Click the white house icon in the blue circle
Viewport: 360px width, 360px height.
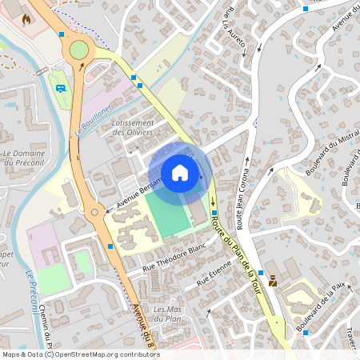(180, 173)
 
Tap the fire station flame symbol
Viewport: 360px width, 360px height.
(26, 18)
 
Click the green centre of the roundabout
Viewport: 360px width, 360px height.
(78, 50)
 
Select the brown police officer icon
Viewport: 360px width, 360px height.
(274, 282)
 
